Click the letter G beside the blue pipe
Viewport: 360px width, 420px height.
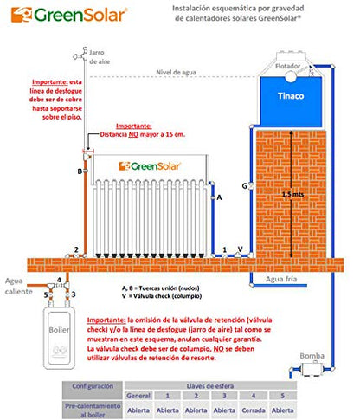point(245,185)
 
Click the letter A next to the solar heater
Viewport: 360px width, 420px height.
point(219,197)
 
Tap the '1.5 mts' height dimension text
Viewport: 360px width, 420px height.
point(293,195)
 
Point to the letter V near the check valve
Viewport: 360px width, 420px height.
point(240,249)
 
